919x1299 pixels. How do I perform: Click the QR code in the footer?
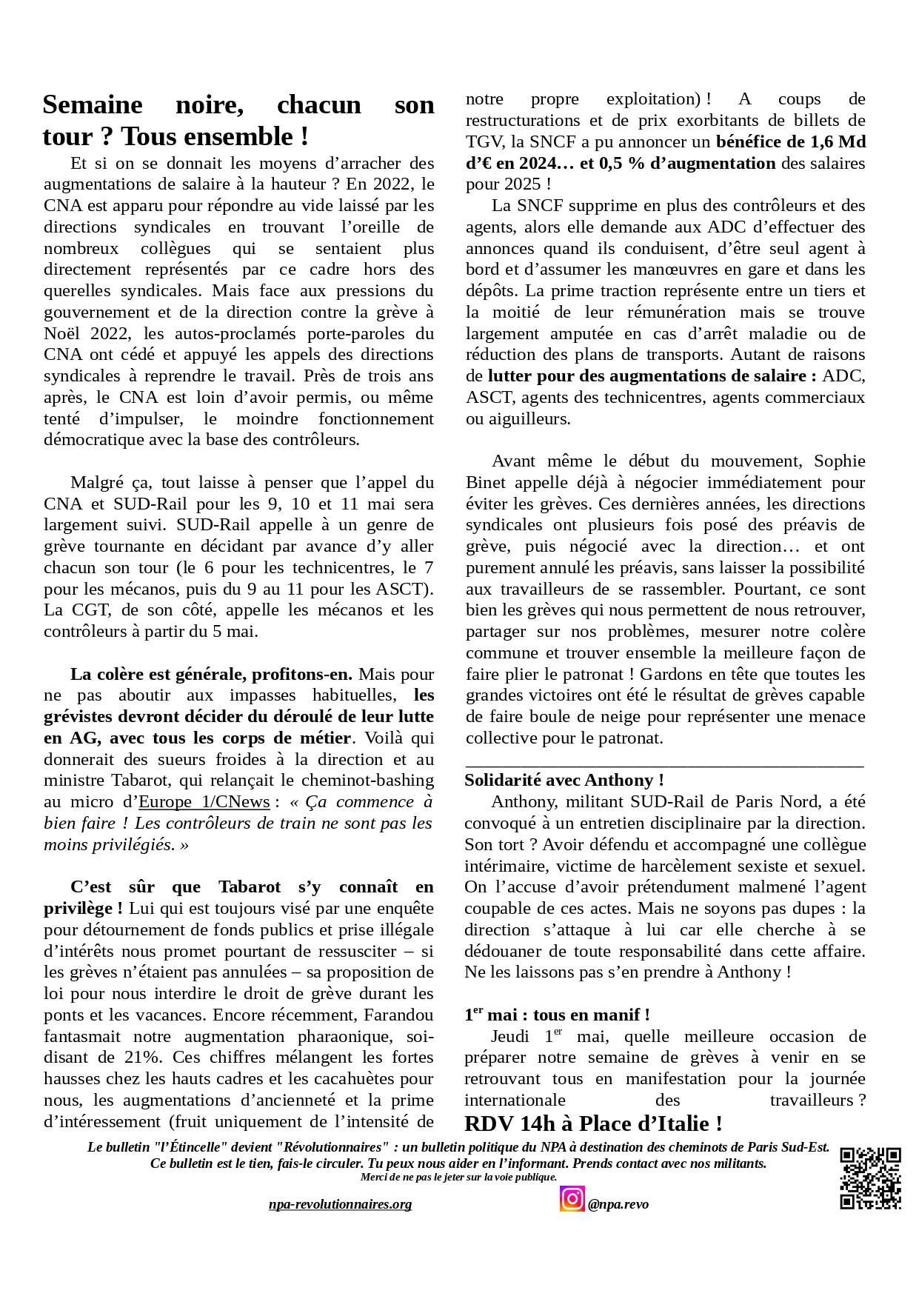870,1178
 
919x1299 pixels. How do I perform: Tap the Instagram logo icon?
572,1198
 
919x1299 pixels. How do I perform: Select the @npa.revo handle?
618,1204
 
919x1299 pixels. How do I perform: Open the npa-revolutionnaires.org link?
340,1204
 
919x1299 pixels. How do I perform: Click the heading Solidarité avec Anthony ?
564,781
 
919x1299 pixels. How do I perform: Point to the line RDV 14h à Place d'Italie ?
593,1124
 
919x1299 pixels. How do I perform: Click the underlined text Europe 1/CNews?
204,802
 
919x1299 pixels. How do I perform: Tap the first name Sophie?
839,461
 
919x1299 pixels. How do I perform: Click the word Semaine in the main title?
93,105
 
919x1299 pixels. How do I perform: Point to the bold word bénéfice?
751,142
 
